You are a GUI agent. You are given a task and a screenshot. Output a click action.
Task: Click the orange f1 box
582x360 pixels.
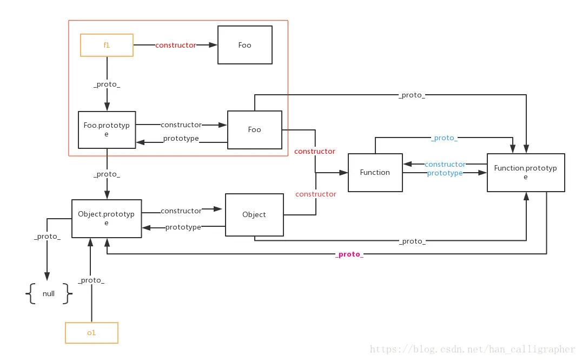click(107, 45)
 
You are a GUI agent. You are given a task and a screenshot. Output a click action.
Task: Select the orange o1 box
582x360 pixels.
click(91, 332)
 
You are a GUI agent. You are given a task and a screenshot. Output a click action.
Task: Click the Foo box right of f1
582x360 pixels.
click(245, 45)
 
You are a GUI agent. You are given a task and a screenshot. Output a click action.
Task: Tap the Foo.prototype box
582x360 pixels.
click(107, 130)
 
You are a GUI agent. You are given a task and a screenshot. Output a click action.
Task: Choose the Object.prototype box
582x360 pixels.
click(107, 219)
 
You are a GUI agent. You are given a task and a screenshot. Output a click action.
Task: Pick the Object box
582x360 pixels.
click(254, 215)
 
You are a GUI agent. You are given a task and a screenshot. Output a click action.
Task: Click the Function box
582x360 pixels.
click(375, 172)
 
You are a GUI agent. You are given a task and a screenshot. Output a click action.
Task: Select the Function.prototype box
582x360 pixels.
click(526, 172)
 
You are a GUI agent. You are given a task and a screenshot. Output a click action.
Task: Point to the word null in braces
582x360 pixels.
click(49, 293)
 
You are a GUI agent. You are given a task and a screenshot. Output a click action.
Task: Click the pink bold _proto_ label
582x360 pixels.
click(349, 254)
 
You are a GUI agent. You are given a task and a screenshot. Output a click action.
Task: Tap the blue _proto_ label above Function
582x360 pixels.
click(444, 138)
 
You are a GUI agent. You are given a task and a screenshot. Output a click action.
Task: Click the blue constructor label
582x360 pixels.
click(445, 164)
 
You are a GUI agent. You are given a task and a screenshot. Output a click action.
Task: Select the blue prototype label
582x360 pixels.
click(445, 173)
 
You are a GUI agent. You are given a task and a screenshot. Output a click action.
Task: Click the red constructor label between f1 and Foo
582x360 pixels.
click(176, 45)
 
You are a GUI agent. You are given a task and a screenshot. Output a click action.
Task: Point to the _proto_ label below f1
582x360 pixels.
click(107, 84)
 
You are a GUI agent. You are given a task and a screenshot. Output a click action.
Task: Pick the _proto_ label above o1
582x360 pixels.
click(91, 280)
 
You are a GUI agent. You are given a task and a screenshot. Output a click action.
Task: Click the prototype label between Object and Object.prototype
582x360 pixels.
click(183, 227)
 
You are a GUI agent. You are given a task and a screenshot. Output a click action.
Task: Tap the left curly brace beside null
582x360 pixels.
click(30, 293)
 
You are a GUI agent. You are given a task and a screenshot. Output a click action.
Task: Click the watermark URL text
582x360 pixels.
click(472, 349)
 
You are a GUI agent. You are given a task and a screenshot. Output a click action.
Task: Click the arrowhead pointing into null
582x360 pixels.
click(47, 276)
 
